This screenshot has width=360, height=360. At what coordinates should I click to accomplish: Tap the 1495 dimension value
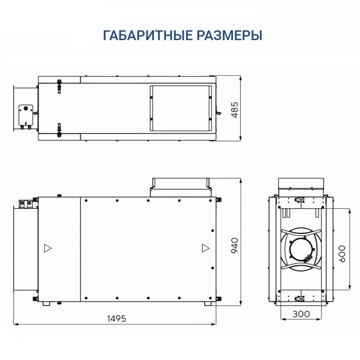click(x=116, y=318)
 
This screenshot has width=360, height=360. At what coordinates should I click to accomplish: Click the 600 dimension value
click(x=341, y=253)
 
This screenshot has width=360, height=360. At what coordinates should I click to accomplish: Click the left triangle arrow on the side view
click(x=48, y=248)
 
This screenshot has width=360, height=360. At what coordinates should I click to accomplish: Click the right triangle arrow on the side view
click(x=205, y=248)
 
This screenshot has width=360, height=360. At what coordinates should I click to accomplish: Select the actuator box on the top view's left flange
click(x=25, y=112)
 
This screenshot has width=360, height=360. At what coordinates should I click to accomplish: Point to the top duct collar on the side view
click(x=181, y=184)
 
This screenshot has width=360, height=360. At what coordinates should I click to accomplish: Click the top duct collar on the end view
click(x=301, y=184)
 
